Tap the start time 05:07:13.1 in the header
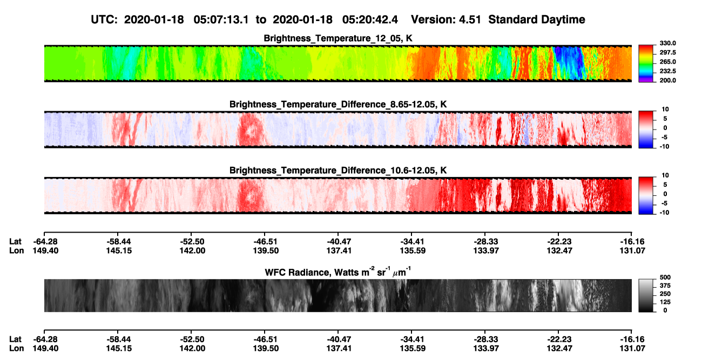(x=221, y=19)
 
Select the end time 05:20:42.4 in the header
(x=370, y=19)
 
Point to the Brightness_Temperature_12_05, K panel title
(x=338, y=38)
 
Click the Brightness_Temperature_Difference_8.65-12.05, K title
(x=338, y=104)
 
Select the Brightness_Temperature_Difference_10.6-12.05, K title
(x=338, y=171)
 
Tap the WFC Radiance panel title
(x=338, y=272)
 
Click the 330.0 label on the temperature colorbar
(x=667, y=43)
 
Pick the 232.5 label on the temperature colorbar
(x=667, y=71)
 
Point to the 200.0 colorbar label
(x=667, y=80)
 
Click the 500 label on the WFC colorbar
(x=665, y=277)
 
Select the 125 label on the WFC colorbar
(x=665, y=302)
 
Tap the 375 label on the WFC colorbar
(x=665, y=286)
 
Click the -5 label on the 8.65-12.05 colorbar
(x=664, y=137)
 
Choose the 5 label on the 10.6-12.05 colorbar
(x=665, y=185)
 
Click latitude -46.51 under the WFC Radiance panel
(x=265, y=339)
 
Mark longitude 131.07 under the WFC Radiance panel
(x=632, y=349)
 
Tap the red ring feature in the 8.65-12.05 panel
(x=251, y=130)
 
